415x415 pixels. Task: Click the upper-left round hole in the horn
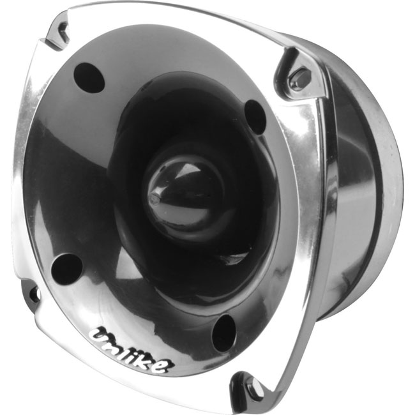tap(89, 78)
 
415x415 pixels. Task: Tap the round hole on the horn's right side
tap(255, 117)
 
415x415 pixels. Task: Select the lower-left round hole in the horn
tap(66, 269)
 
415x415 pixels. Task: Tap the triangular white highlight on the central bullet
tap(187, 169)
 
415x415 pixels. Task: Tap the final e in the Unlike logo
tap(165, 366)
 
